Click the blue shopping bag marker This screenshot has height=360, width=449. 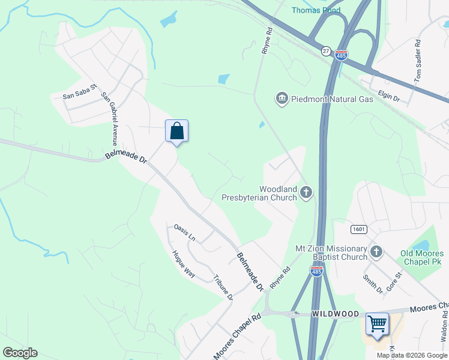click(x=176, y=131)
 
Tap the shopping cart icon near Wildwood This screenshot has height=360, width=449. click(x=377, y=324)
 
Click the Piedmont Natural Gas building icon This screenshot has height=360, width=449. click(x=282, y=98)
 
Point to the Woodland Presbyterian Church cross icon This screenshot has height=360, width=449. click(x=306, y=193)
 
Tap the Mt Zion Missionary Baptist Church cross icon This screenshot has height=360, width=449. click(x=376, y=252)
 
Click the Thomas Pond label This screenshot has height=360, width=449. click(x=316, y=10)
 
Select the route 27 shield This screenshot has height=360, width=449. click(x=326, y=51)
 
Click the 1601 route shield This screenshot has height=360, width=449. click(x=358, y=229)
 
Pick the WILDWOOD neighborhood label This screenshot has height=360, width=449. click(x=336, y=314)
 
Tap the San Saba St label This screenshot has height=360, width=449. click(x=80, y=92)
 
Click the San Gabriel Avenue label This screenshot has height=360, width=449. click(x=110, y=119)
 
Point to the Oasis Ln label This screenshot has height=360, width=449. click(x=185, y=232)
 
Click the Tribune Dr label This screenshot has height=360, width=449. click(x=223, y=287)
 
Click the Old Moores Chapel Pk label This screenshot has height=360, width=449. click(x=422, y=257)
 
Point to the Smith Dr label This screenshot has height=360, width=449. click(x=373, y=284)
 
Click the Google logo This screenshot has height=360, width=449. click(x=20, y=352)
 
